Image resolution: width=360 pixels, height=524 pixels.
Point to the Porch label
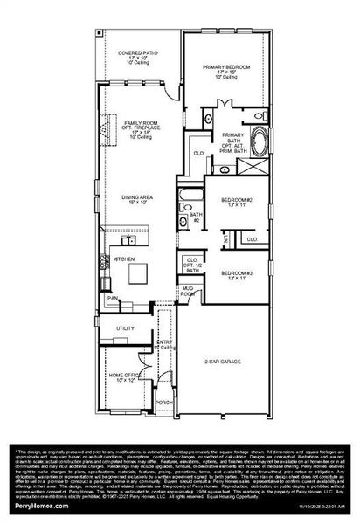[x=163, y=403]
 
